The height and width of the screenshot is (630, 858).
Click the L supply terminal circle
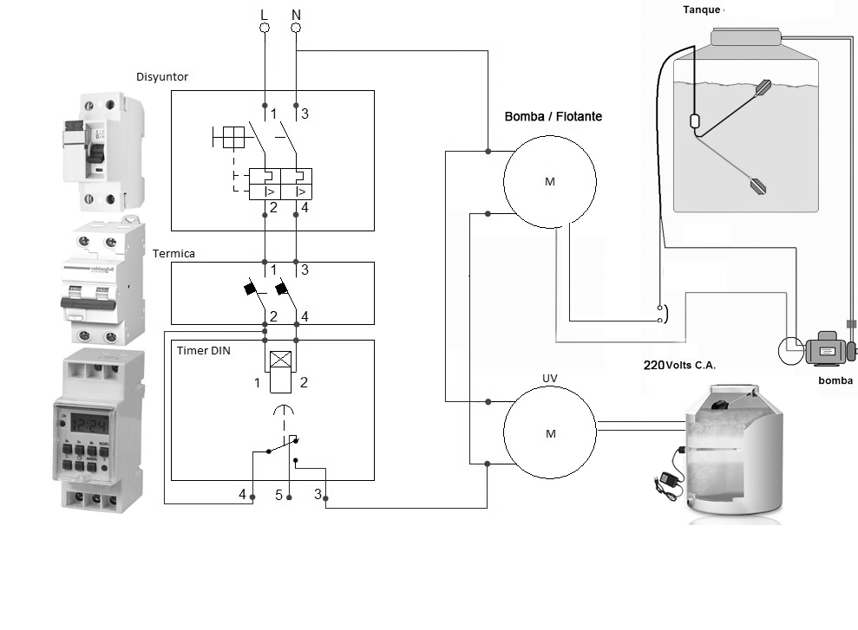click(265, 29)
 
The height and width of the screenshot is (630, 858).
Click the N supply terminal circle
click(297, 29)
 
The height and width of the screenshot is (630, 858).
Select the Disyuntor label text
click(162, 77)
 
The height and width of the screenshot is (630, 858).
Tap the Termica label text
click(174, 254)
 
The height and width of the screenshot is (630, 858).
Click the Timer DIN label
click(204, 351)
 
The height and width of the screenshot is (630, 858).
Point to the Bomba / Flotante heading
click(553, 116)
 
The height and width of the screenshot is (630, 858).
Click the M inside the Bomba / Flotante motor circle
click(550, 182)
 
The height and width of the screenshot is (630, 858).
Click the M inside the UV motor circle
click(550, 434)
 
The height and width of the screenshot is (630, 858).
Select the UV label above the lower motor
click(549, 379)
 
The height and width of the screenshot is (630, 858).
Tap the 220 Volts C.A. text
click(679, 366)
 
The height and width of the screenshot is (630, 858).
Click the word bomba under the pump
click(835, 380)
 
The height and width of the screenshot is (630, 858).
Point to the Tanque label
click(702, 10)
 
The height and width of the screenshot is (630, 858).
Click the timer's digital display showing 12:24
click(90, 424)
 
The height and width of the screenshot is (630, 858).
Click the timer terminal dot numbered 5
click(290, 497)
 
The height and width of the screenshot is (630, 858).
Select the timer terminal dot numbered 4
click(252, 497)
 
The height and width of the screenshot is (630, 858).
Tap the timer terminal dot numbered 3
click(326, 497)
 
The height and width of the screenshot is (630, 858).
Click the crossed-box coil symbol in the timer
click(279, 361)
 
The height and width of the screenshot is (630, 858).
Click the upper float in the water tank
click(763, 87)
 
